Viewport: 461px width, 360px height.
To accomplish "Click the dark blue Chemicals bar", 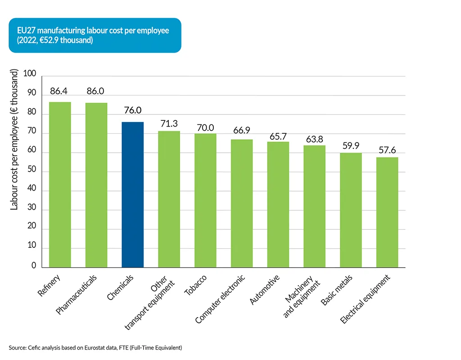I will [x=132, y=195].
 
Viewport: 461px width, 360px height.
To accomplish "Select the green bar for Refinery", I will [x=60, y=185].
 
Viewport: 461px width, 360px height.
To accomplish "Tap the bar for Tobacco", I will [x=205, y=201].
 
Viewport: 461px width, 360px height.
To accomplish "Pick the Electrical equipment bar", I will [x=387, y=212].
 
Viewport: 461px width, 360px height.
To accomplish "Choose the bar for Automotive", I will [x=278, y=205].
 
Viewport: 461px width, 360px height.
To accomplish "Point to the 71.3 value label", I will [x=169, y=124].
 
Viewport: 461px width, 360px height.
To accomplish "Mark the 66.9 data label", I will [x=242, y=131].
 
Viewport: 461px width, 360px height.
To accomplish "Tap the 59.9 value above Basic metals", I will [x=351, y=146].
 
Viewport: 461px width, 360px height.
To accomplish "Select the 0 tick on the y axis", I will [x=34, y=266].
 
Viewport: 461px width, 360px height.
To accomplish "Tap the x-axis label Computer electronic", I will [x=220, y=299].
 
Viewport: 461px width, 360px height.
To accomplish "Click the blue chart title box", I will [x=95, y=35].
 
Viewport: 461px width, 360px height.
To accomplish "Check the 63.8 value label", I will [x=314, y=139].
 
